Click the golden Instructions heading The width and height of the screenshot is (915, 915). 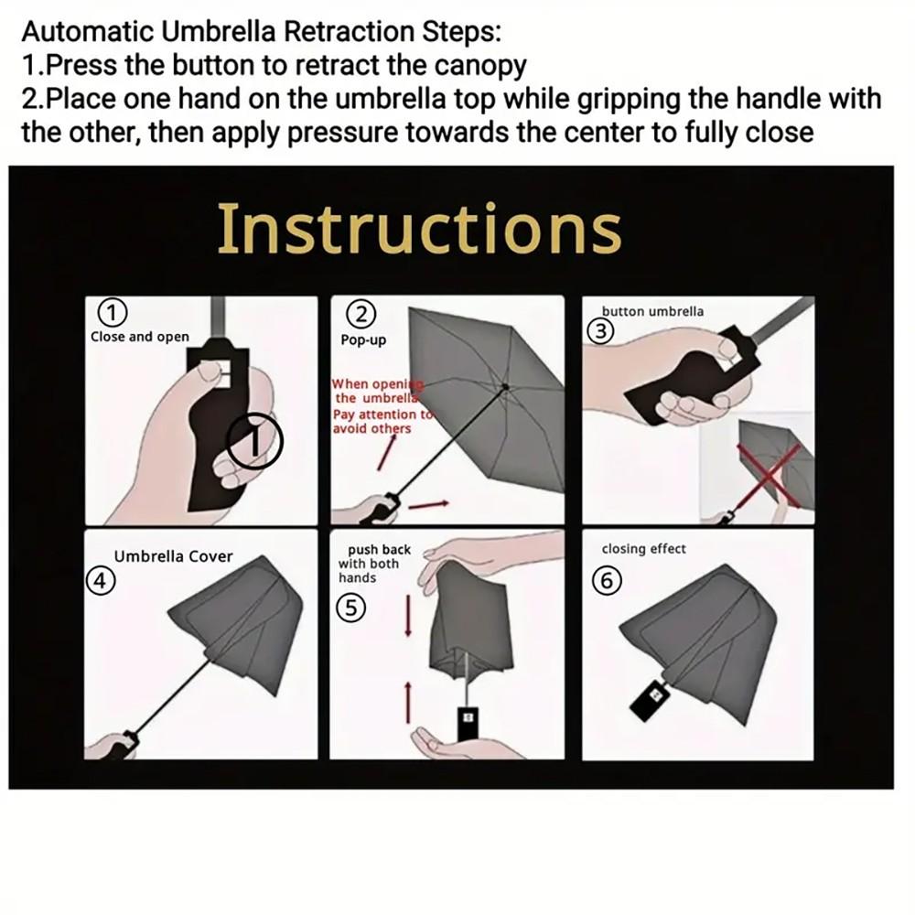pyautogui.click(x=419, y=229)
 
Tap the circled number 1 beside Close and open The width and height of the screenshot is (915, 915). pyautogui.click(x=112, y=313)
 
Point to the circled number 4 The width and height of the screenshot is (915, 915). pyautogui.click(x=100, y=581)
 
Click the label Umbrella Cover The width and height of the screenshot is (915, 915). pyautogui.click(x=173, y=556)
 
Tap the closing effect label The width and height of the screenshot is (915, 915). pyautogui.click(x=643, y=549)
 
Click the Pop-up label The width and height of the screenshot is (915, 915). pyautogui.click(x=363, y=340)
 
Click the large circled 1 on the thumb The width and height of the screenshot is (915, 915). pyautogui.click(x=255, y=442)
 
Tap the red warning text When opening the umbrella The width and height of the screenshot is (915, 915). pyautogui.click(x=373, y=392)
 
